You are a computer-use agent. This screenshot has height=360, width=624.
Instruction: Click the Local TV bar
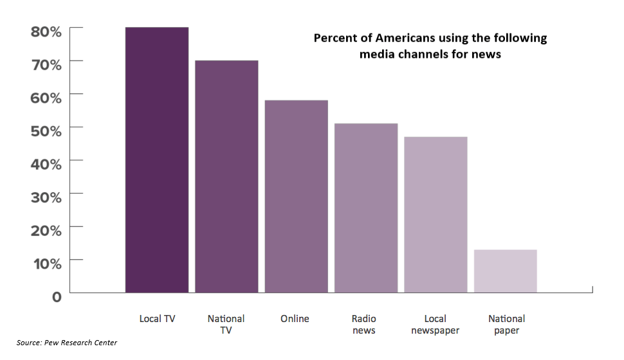(x=157, y=160)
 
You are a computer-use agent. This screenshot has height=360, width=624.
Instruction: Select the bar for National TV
(x=226, y=177)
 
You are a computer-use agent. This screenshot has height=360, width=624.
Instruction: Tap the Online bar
(x=296, y=197)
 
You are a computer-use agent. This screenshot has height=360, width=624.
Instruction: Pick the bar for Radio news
(x=365, y=208)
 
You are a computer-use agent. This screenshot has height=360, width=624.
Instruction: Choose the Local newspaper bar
(x=436, y=215)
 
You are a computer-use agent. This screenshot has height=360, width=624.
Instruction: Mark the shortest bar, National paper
(x=505, y=271)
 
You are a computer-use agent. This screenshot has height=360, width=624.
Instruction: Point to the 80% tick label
(x=46, y=31)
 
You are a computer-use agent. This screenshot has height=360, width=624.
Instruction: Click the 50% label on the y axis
(x=46, y=130)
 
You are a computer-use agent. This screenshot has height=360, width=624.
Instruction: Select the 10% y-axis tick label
(x=46, y=263)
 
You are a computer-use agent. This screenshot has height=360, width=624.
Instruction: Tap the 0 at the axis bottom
(x=57, y=296)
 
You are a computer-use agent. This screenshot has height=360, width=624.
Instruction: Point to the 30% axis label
(x=46, y=197)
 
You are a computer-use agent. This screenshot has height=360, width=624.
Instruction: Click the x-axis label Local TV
(x=157, y=319)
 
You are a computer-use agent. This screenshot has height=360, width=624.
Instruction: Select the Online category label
(x=295, y=319)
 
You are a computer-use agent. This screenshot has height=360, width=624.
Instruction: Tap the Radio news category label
(x=364, y=325)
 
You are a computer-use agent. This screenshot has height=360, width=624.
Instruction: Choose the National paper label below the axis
(x=506, y=325)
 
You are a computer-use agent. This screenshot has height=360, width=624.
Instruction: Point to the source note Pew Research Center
(x=67, y=343)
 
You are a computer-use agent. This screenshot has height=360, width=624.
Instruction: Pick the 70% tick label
(x=46, y=64)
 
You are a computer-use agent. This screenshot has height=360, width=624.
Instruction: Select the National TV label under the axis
(x=226, y=325)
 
